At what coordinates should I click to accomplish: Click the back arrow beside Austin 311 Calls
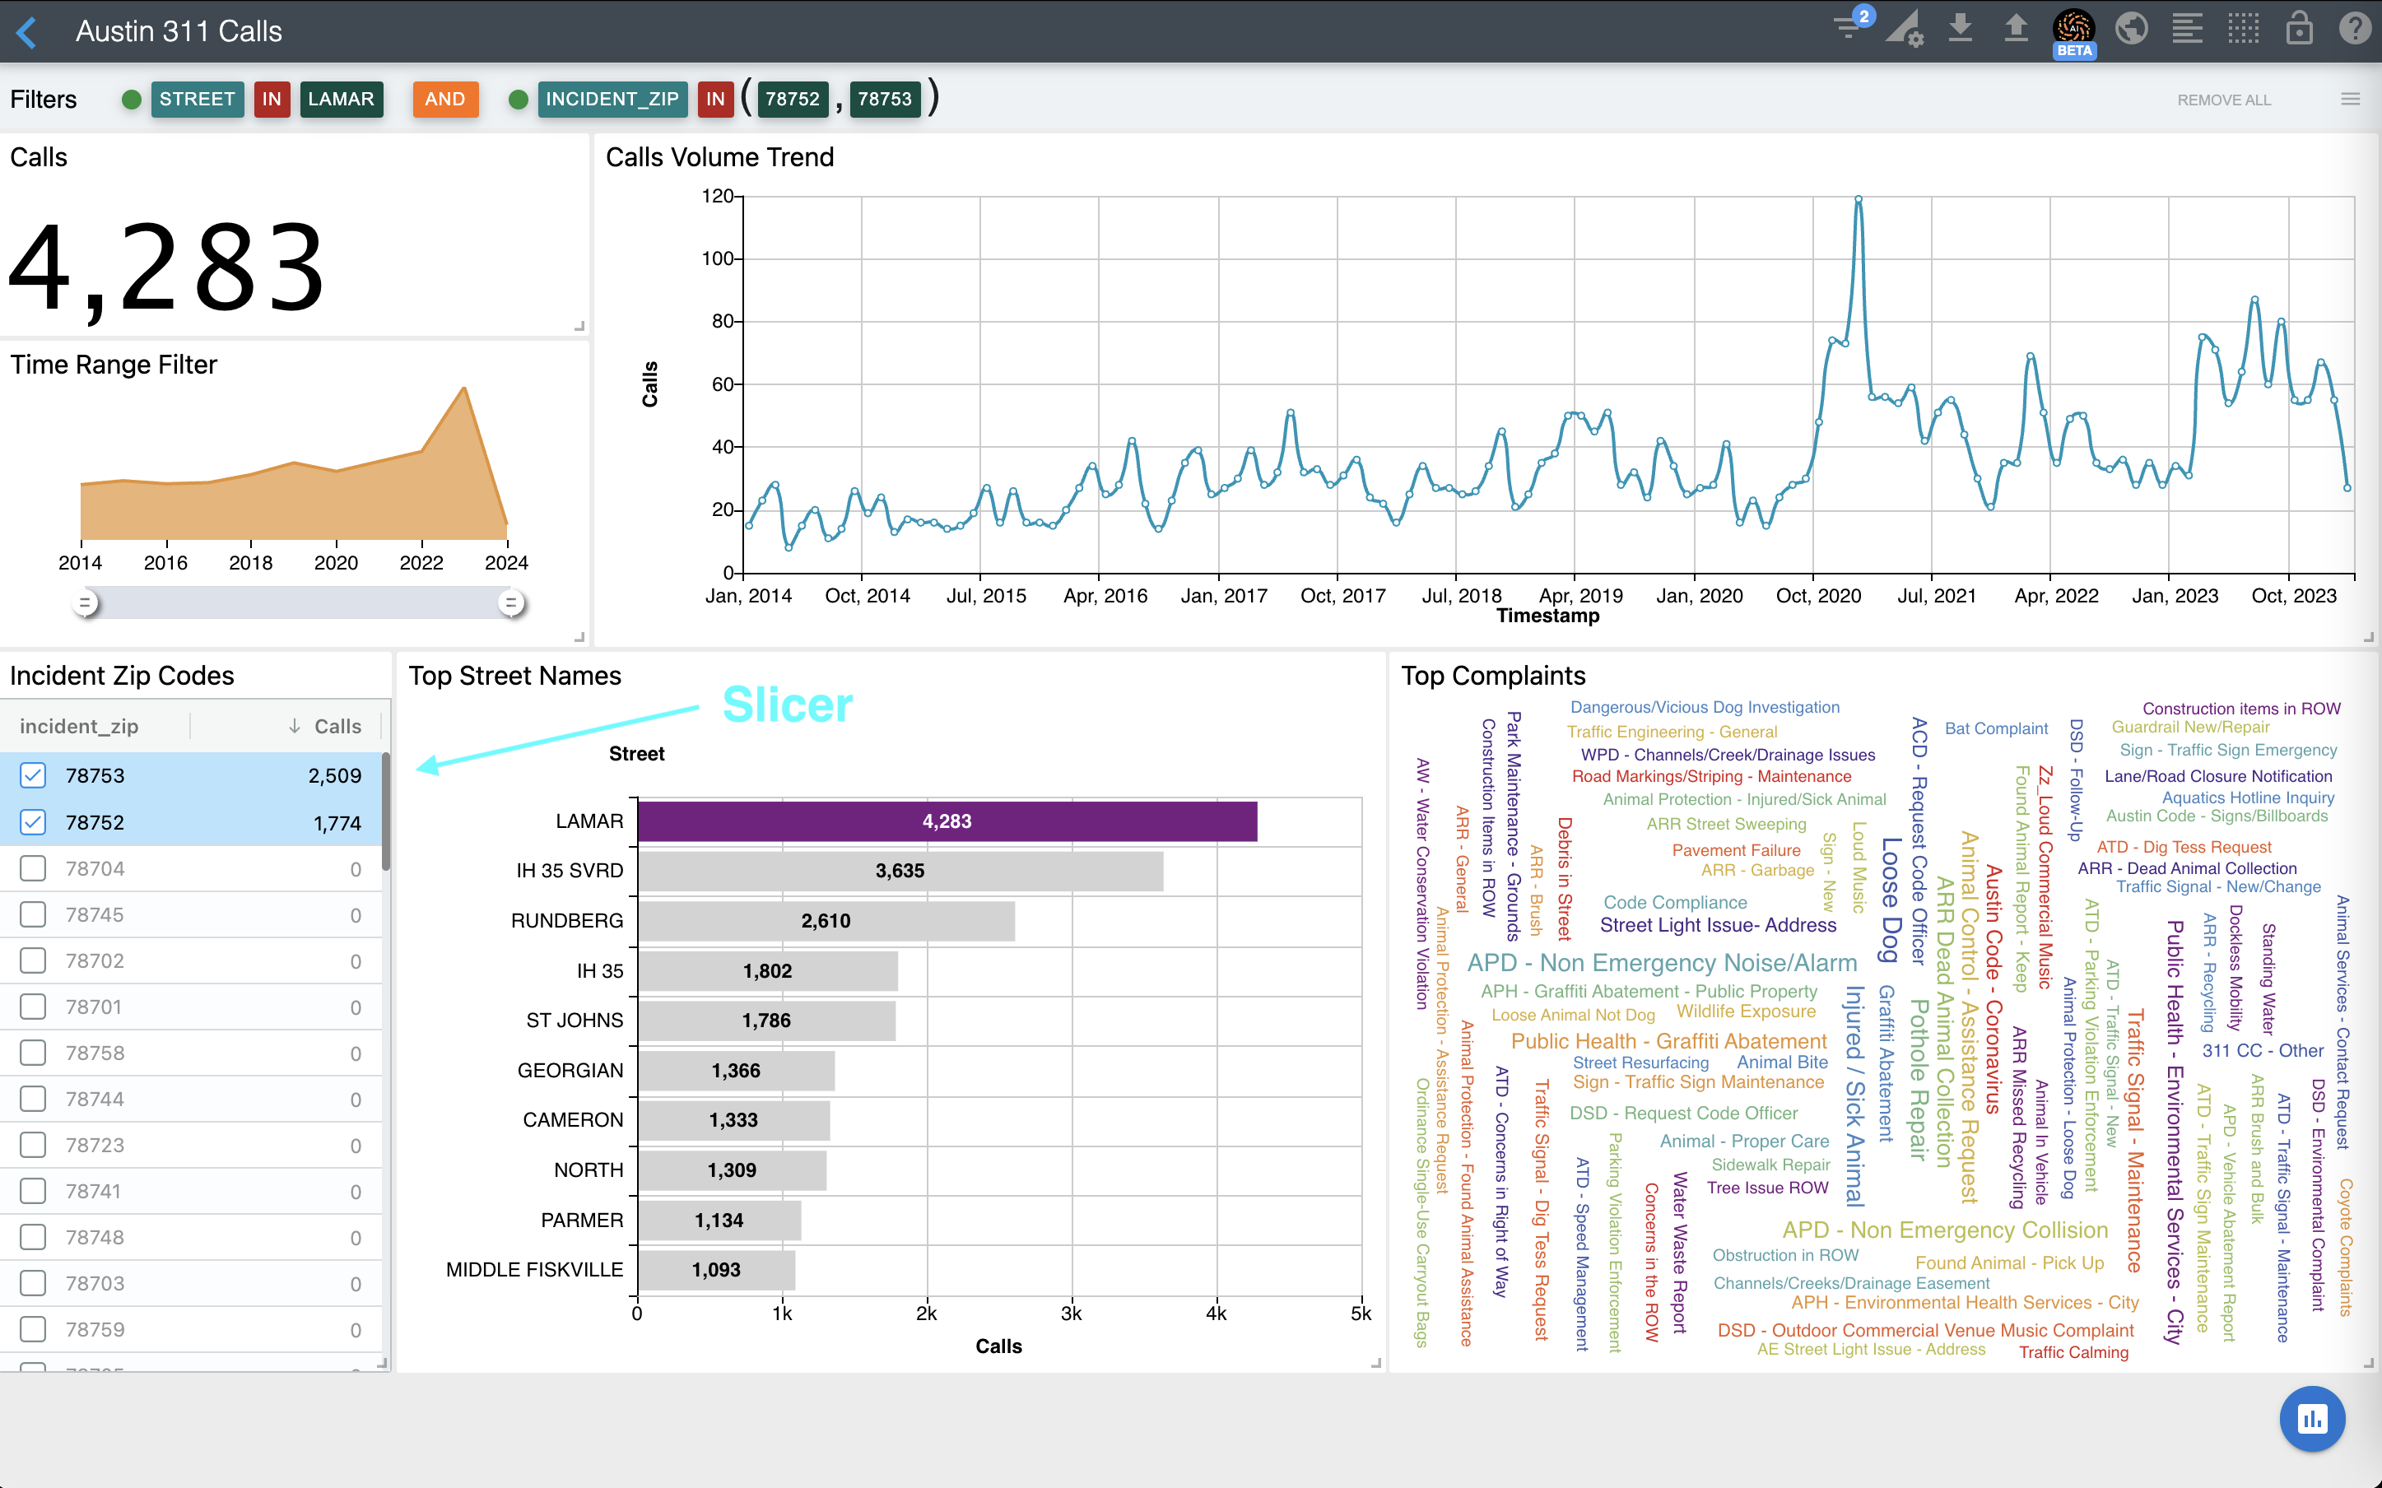(27, 32)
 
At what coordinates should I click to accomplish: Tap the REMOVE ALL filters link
(2222, 100)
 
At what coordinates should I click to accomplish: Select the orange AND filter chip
(444, 100)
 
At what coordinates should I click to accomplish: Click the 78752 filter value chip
(792, 100)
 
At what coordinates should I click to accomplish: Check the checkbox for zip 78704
(34, 868)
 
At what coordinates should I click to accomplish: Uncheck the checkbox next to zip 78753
(34, 775)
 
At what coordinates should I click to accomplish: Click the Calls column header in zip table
(337, 726)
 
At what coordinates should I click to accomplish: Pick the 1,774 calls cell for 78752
(337, 823)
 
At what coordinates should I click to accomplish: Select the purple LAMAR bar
(947, 821)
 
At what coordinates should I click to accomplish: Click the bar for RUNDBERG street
(826, 921)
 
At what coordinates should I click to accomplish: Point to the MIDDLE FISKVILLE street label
(534, 1270)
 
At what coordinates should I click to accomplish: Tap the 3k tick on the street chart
(1072, 1314)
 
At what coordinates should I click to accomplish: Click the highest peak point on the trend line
(1859, 200)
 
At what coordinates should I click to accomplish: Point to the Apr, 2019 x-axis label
(1580, 595)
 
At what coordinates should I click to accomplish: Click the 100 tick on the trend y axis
(717, 258)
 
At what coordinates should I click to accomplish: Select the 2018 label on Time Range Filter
(251, 563)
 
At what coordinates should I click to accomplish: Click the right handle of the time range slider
(510, 602)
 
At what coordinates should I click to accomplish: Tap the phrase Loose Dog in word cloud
(1890, 900)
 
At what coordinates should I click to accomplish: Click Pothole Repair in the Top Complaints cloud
(1919, 1080)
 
